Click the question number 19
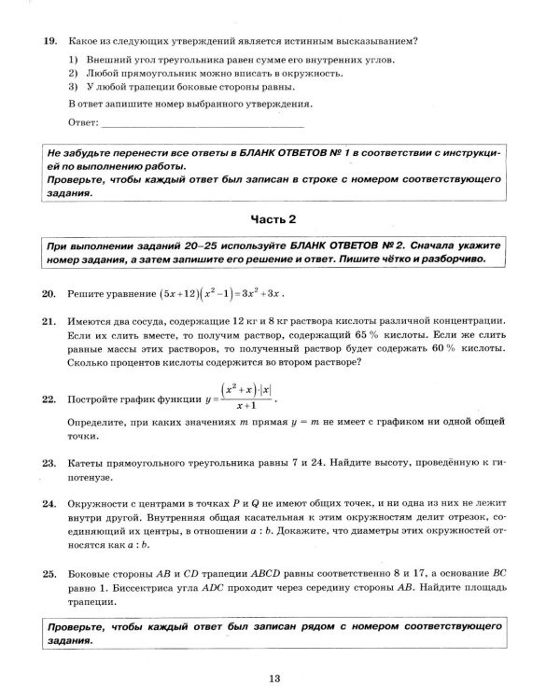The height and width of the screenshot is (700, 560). point(49,41)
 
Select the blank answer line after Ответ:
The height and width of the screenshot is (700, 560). point(201,122)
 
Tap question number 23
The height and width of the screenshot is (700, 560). point(49,462)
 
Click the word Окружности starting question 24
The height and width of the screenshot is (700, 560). point(101,500)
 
